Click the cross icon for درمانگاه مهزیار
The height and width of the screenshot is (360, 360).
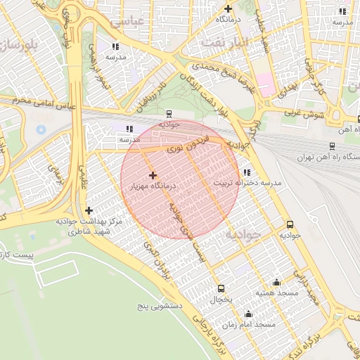point(153,175)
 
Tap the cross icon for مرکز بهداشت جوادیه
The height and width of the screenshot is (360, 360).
point(89,210)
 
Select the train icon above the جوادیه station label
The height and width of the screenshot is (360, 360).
point(169,113)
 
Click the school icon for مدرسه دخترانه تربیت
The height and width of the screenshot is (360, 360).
point(246,172)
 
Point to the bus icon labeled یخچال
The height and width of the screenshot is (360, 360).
point(221,288)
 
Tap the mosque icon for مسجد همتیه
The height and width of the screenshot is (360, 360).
point(276,281)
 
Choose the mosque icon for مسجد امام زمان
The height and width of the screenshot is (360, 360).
point(247,314)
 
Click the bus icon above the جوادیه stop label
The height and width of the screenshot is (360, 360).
point(290,225)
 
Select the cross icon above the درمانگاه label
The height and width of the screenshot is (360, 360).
point(228,9)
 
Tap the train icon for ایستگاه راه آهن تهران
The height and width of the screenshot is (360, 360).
point(331,146)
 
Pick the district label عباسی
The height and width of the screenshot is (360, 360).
point(147,20)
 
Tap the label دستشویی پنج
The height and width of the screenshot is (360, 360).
point(161,307)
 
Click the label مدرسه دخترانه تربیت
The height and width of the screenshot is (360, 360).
point(247,183)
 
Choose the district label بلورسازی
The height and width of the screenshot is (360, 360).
point(20,48)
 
